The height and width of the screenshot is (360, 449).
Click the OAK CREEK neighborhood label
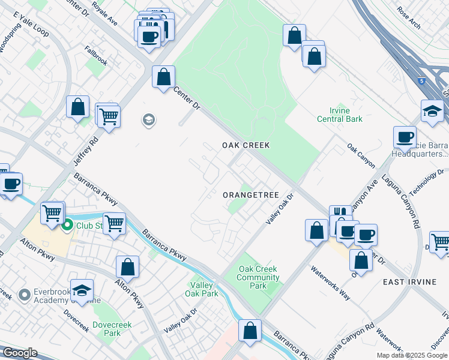(246, 145)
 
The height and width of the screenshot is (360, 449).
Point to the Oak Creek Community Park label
(258, 277)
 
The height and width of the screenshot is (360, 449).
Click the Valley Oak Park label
(203, 289)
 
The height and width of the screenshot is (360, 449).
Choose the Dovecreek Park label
(107, 328)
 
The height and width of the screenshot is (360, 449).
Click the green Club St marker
(67, 226)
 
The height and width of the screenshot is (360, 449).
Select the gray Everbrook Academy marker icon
(25, 295)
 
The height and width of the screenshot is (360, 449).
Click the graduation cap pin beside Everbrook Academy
(82, 290)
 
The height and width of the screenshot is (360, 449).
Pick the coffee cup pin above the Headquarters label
(405, 136)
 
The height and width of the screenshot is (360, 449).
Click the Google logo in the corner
(20, 353)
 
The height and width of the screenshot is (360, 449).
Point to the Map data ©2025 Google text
(411, 355)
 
